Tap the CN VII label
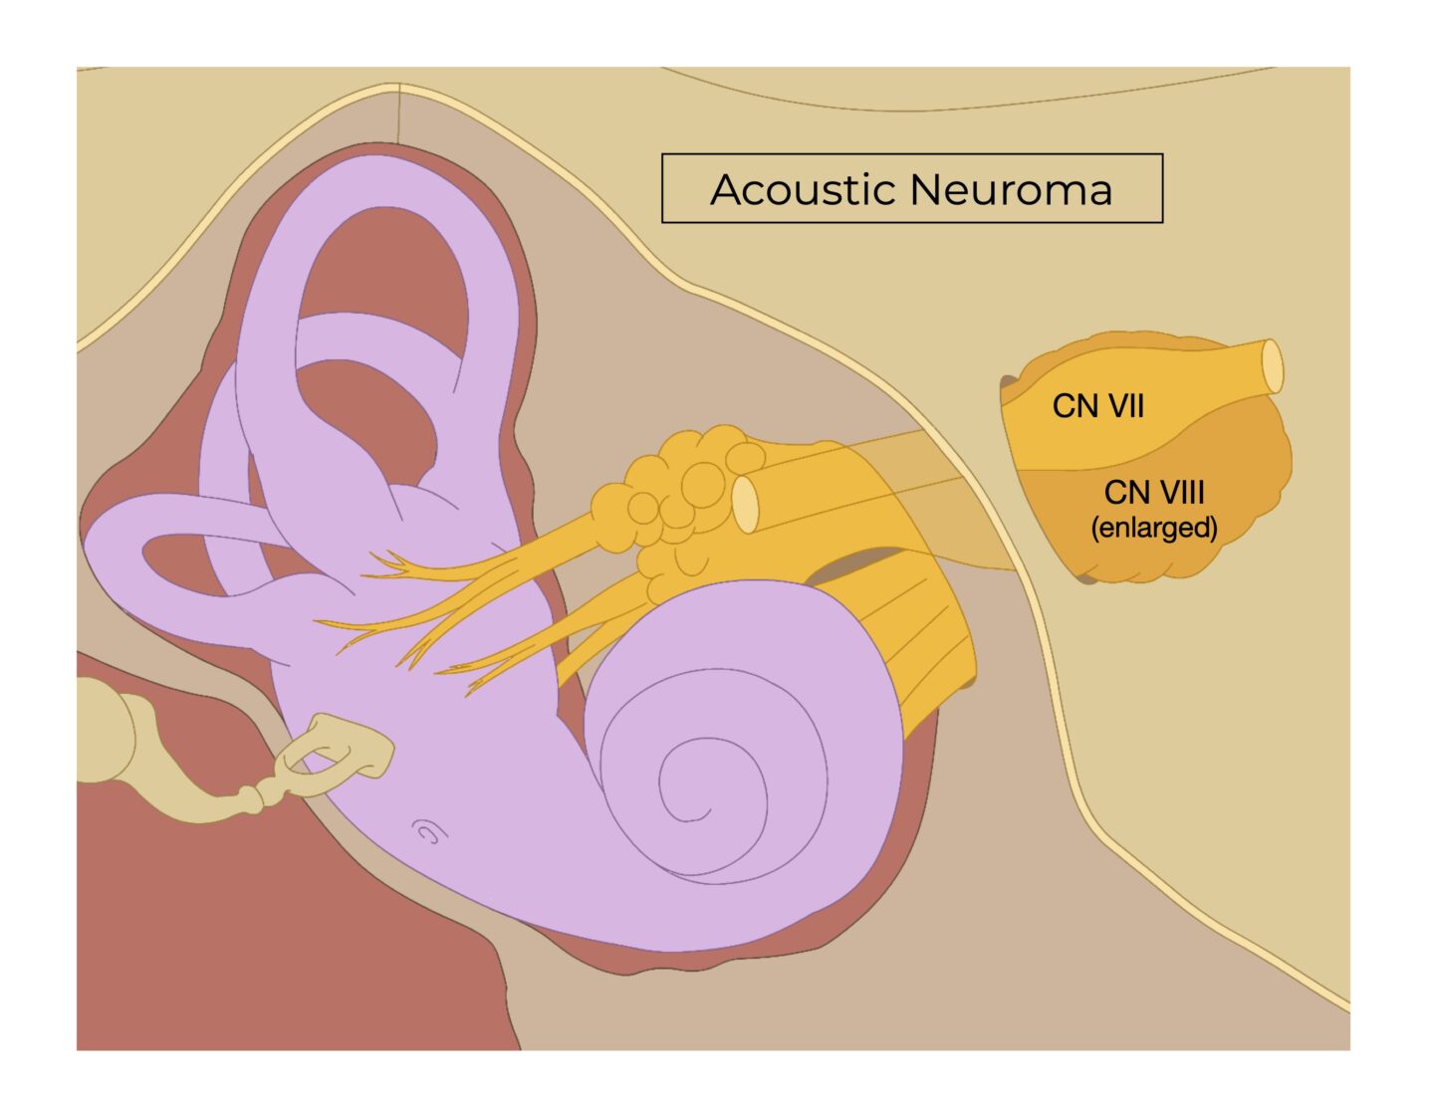pyautogui.click(x=1097, y=406)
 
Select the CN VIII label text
pyautogui.click(x=1154, y=492)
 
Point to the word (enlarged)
pyautogui.click(x=1154, y=527)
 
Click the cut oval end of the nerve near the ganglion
pyautogui.click(x=745, y=504)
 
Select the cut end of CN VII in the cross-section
pyautogui.click(x=1273, y=366)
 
